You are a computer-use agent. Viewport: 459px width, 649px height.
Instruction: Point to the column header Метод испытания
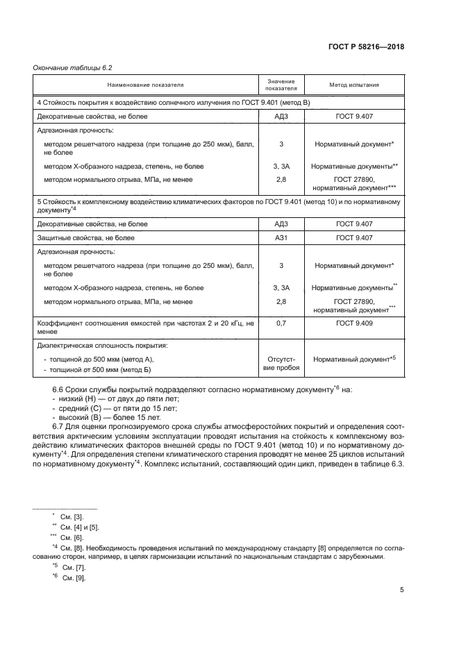(x=354, y=85)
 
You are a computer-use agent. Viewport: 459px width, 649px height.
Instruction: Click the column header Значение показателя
(x=281, y=85)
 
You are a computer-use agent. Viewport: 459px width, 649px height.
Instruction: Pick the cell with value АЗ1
(x=281, y=237)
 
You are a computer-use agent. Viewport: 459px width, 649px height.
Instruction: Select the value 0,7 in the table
(x=281, y=323)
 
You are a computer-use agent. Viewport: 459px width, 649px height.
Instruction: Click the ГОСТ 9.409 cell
(x=354, y=323)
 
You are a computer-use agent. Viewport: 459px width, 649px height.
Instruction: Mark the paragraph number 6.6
(x=59, y=390)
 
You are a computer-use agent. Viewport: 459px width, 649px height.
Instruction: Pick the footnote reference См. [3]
(x=69, y=517)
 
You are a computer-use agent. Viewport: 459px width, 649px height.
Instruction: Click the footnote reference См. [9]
(x=73, y=579)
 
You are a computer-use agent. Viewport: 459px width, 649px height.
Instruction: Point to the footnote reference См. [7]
(x=73, y=568)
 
